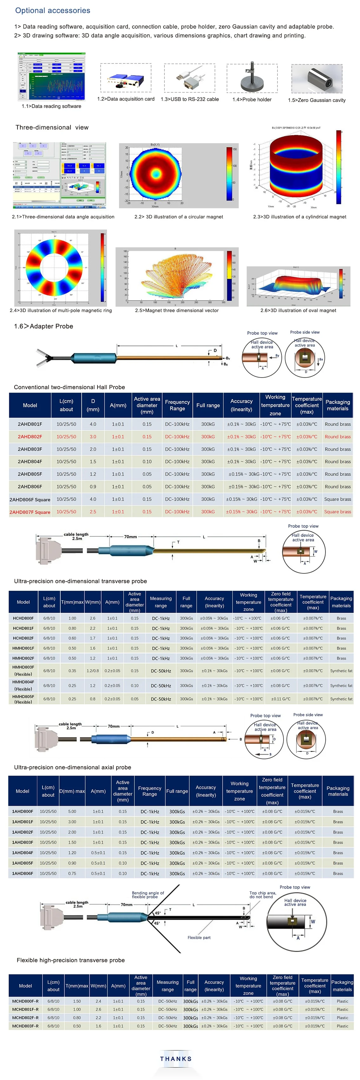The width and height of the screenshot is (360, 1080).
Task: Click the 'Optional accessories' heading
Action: pos(52,10)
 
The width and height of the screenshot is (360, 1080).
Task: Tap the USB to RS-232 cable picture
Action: pos(190,78)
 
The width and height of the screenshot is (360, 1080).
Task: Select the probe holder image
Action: pos(252,78)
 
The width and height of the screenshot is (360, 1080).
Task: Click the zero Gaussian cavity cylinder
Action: pos(317,79)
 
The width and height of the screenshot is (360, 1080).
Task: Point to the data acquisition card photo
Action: pos(126,78)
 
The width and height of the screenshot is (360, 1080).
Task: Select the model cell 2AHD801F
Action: pos(30,424)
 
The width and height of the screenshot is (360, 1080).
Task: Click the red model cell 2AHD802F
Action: pos(30,437)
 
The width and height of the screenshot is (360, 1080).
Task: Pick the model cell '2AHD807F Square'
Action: pos(30,512)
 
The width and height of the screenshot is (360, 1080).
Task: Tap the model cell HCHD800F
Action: pos(23,618)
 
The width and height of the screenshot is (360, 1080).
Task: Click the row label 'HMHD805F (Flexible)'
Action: pos(23,699)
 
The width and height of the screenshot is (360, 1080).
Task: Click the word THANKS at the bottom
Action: pos(176,1059)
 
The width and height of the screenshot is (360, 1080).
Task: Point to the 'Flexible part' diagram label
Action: pos(199,937)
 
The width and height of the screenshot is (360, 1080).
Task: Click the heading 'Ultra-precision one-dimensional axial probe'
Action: pos(72,767)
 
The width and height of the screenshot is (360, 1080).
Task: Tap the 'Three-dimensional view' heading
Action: pos(52,127)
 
